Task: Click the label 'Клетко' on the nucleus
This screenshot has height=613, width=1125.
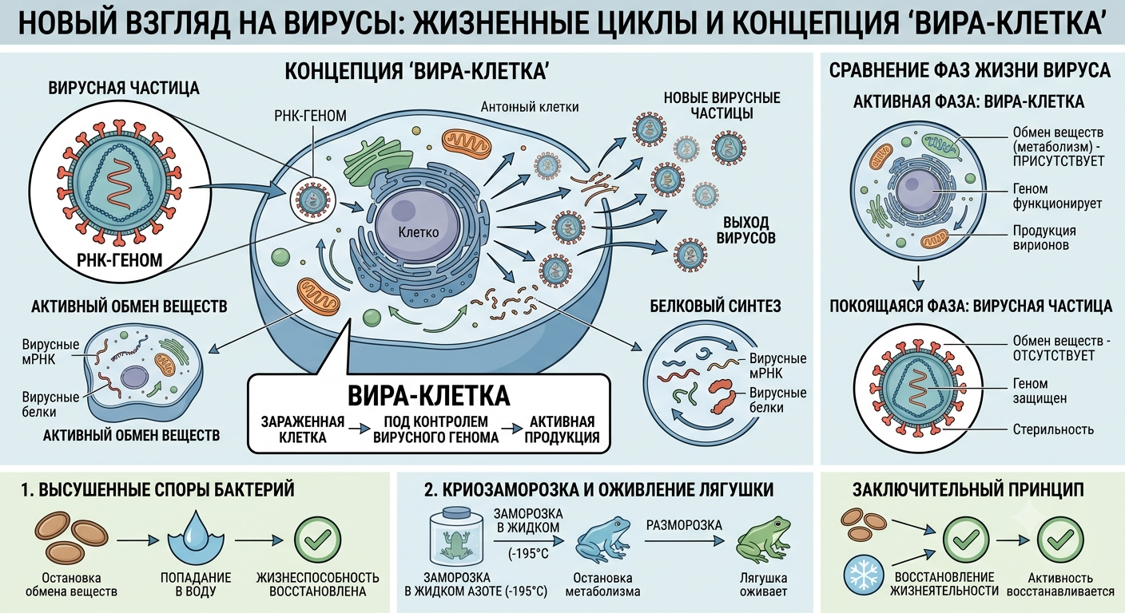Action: (419, 232)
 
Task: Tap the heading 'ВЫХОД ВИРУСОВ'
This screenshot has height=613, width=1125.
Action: (745, 230)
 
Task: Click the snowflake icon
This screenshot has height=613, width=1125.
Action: (864, 575)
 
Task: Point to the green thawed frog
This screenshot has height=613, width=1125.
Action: (763, 540)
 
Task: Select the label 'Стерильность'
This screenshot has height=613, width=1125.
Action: (1053, 429)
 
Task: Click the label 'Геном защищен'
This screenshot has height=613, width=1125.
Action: (1040, 391)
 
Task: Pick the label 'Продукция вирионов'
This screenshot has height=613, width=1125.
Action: (1044, 238)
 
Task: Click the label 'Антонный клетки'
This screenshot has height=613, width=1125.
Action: (530, 107)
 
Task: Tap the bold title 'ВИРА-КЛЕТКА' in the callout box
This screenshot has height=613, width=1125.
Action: (429, 396)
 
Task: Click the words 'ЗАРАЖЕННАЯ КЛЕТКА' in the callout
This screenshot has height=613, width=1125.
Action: (303, 429)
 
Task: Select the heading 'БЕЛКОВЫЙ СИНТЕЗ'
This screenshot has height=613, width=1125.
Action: (715, 306)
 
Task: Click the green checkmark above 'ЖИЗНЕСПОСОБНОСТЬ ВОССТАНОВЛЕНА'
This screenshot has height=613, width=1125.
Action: (317, 540)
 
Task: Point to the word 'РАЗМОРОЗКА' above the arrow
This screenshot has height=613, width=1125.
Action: (684, 525)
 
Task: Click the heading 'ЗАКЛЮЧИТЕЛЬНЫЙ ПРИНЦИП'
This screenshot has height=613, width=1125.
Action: (968, 489)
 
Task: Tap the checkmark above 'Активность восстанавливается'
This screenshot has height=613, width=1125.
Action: (1060, 540)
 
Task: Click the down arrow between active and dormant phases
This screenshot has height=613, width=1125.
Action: (918, 278)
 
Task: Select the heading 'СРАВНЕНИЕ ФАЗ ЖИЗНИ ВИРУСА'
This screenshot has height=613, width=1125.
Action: (969, 70)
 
